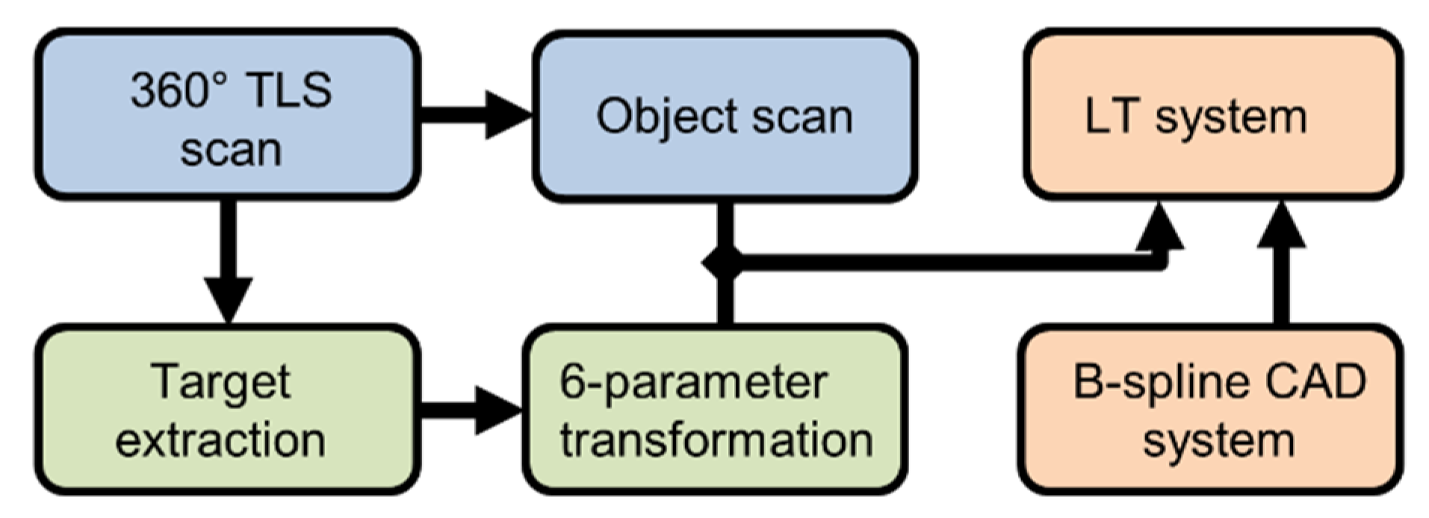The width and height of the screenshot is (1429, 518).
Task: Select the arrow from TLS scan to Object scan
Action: tap(475, 115)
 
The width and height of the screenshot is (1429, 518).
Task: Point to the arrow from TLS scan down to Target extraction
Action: tap(228, 261)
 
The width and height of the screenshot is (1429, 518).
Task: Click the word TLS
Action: tap(288, 90)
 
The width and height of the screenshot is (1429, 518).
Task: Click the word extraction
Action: tap(220, 440)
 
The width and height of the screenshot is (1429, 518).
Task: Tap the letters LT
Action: tap(1112, 117)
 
